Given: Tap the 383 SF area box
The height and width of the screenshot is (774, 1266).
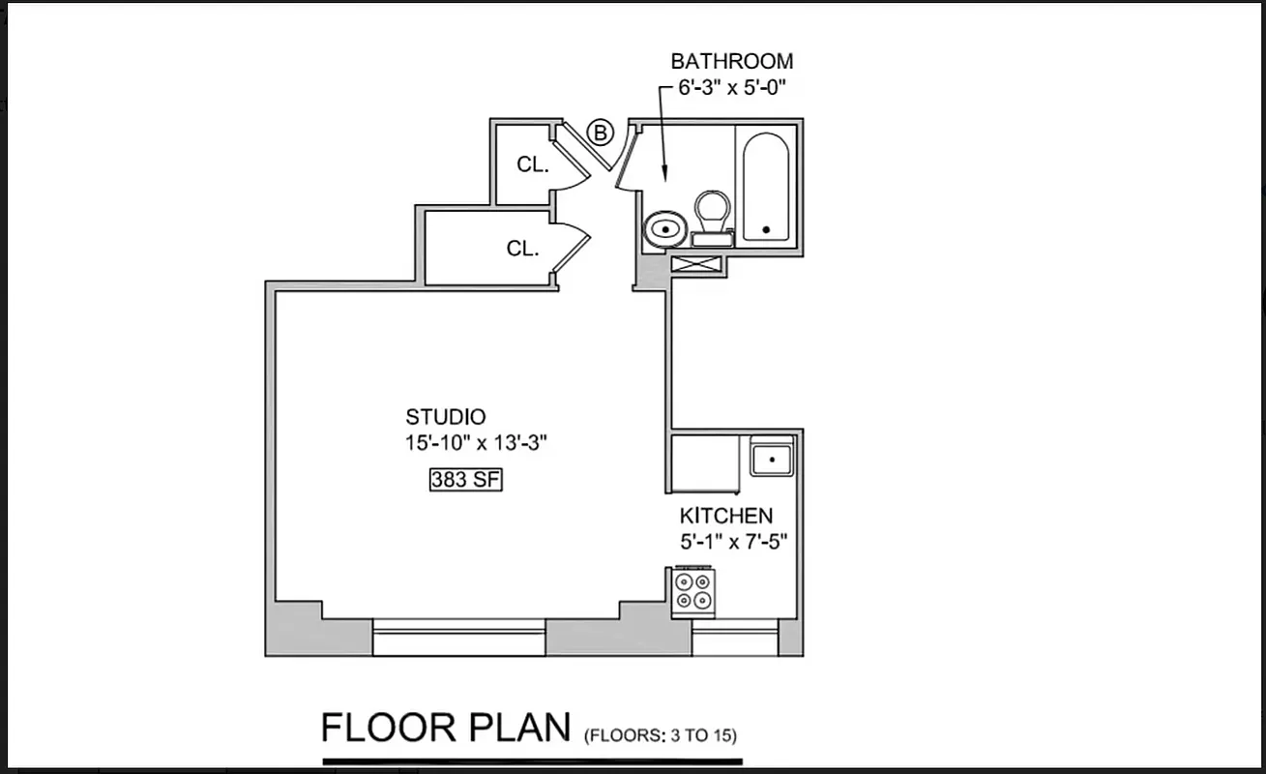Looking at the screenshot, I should click(466, 479).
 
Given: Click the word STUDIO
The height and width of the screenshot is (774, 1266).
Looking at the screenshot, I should click(445, 418).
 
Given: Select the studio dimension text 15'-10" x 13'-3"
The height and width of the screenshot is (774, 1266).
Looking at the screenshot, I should click(477, 443).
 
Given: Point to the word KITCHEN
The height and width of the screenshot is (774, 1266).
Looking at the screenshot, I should click(725, 517).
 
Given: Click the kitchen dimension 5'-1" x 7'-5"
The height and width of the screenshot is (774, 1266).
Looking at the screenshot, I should click(734, 542).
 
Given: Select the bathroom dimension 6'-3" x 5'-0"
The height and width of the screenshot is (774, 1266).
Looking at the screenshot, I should click(732, 86).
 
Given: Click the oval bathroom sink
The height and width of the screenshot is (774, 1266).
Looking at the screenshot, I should click(664, 229).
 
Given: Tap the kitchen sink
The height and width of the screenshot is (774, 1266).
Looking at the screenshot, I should click(772, 458).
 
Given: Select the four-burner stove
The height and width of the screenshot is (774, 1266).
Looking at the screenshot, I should click(692, 591).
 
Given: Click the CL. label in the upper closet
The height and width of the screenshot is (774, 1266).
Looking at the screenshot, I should click(533, 164).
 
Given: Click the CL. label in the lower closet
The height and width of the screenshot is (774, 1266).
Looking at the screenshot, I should click(522, 249).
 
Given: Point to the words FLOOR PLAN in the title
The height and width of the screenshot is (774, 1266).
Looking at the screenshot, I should click(446, 728).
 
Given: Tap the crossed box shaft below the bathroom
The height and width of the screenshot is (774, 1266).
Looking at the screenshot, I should click(696, 264).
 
